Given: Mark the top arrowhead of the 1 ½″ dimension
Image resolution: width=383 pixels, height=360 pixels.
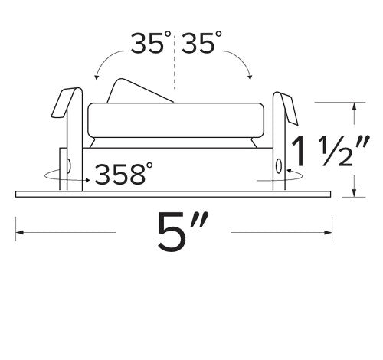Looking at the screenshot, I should point(354,106).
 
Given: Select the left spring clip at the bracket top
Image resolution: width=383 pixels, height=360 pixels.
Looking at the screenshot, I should point(64,103).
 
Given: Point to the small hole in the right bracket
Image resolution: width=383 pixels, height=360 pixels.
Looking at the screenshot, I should point(277,165).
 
